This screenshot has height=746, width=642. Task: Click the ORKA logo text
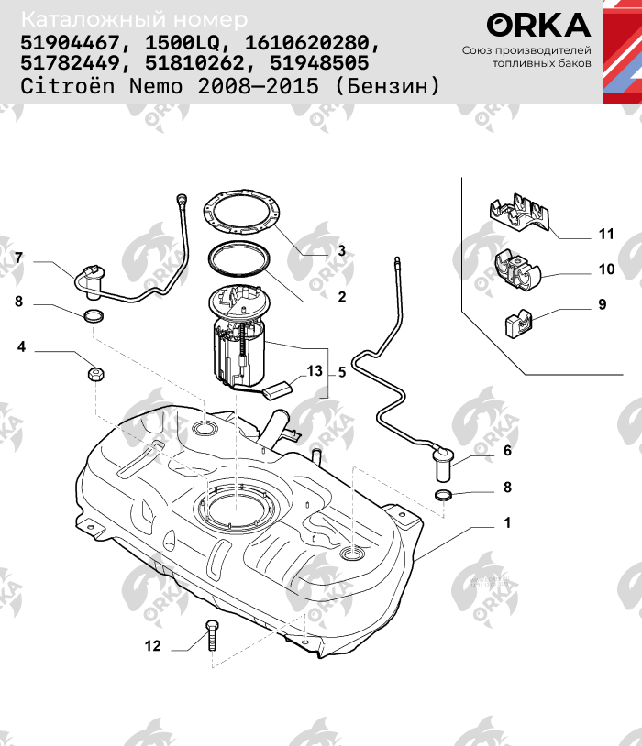tap(538, 24)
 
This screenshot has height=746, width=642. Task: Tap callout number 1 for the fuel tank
tap(505, 524)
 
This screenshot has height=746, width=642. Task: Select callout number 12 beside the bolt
tap(152, 646)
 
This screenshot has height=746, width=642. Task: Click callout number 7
tap(18, 258)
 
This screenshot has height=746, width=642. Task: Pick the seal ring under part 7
tap(94, 317)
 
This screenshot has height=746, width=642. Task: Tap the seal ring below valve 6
tap(444, 496)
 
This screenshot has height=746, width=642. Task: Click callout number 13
tap(315, 371)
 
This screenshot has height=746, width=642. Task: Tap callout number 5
tap(341, 372)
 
